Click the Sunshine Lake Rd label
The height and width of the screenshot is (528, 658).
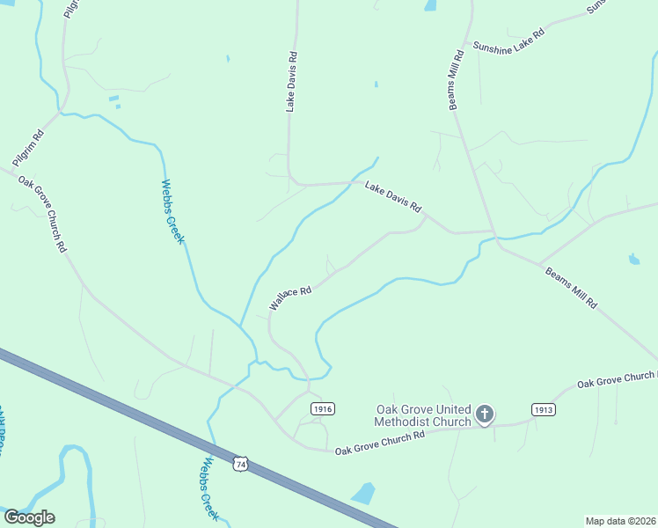(x=508, y=40)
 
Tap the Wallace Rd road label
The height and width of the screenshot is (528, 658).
(x=291, y=297)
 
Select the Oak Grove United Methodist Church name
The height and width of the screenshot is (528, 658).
(x=423, y=415)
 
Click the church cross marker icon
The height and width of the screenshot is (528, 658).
(x=484, y=414)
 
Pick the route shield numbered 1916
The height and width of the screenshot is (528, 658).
(x=322, y=409)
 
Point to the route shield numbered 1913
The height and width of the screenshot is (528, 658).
(x=543, y=409)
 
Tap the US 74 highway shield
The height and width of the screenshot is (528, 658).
(x=240, y=464)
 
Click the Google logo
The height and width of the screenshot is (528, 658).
(x=29, y=517)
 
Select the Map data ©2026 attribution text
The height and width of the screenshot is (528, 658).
(x=620, y=521)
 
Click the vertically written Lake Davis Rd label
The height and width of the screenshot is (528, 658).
(x=292, y=80)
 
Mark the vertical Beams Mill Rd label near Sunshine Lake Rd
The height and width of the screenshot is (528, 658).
(x=456, y=80)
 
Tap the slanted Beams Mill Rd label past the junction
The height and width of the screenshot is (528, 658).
(x=570, y=288)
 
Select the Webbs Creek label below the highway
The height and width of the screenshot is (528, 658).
(x=210, y=489)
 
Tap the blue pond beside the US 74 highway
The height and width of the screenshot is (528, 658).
(x=362, y=494)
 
